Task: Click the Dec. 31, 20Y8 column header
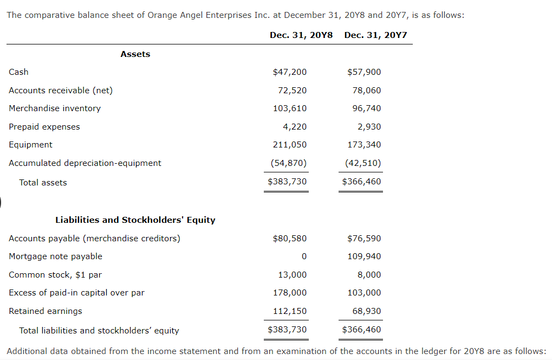coord(301,35)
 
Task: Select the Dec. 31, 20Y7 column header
coord(375,35)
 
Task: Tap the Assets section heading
coord(135,54)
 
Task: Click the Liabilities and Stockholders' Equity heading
coord(135,220)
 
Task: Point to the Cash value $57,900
coord(364,72)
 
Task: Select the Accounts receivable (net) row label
coord(61,91)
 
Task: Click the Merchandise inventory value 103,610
coord(290,108)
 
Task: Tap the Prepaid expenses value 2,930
coord(369,127)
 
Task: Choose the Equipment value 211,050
coord(290,145)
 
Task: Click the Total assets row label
coord(43,183)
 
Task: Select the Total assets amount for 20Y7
coord(362,182)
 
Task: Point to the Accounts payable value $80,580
coord(290,239)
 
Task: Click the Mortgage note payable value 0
coord(304,256)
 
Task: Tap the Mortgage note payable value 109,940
coord(364,256)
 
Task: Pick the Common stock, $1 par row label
coord(55,275)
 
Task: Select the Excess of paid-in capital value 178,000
coord(290,293)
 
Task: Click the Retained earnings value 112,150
coord(290,311)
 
